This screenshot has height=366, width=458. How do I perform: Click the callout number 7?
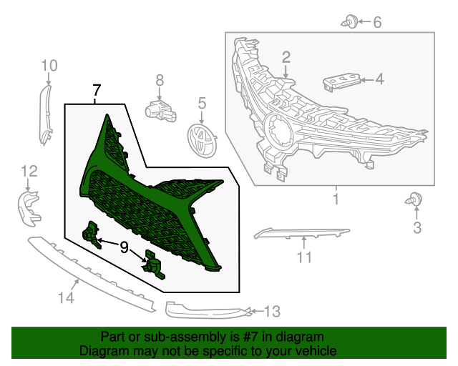coord(97,91)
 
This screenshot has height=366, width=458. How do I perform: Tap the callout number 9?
coord(125,248)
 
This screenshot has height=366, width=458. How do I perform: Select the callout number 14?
coord(65,298)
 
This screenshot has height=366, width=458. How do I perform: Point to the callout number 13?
coord(273,312)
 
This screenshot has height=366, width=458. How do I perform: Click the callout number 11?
coord(305,257)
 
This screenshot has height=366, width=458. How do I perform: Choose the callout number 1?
coord(335,198)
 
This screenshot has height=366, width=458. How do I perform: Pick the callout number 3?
coord(416,229)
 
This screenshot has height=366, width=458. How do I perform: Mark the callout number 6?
coord(376,22)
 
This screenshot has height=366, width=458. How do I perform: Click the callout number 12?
coord(28,170)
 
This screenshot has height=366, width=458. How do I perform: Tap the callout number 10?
coord(49,66)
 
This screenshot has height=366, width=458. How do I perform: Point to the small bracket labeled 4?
coord(341,81)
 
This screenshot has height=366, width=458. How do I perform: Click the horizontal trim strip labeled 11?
coord(301,232)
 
